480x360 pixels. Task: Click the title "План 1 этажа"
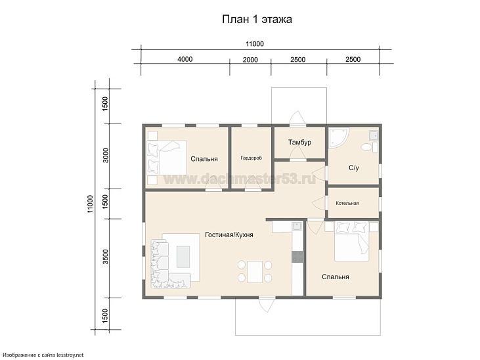(x=257, y=19)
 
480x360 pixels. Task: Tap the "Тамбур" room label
(x=299, y=142)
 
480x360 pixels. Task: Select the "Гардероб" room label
(x=251, y=158)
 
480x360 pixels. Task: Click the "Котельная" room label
(x=347, y=203)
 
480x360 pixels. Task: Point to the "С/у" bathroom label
(x=353, y=168)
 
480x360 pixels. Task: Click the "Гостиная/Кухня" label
(x=229, y=235)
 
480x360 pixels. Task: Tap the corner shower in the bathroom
(x=338, y=138)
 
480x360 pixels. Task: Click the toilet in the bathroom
(x=370, y=147)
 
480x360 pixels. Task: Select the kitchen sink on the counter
(x=297, y=227)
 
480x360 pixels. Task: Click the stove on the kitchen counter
(x=297, y=257)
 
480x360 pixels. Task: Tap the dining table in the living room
(x=255, y=272)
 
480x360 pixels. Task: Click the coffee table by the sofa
(x=183, y=257)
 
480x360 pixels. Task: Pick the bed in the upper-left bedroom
(x=167, y=158)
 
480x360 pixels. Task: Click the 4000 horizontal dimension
(x=185, y=59)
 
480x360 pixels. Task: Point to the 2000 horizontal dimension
(x=250, y=60)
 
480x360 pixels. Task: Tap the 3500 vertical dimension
(x=105, y=257)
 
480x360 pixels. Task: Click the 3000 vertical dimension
(x=105, y=155)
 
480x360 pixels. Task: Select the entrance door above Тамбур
(x=297, y=119)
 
